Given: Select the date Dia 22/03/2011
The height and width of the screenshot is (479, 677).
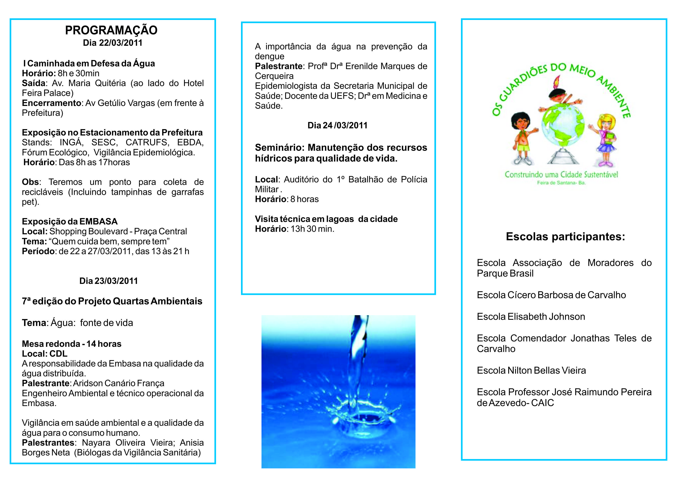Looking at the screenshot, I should click(113, 43).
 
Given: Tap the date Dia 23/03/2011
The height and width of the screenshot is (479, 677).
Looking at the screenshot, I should click(108, 281).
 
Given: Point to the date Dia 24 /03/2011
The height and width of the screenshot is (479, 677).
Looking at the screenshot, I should click(337, 126).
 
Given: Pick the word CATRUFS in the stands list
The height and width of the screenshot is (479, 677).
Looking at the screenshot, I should click(146, 142).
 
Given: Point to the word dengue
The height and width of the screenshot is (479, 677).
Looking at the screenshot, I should click(269, 57).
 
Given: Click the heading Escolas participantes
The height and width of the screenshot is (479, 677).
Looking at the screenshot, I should click(565, 237).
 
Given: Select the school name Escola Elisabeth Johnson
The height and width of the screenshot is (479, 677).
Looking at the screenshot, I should click(531, 317).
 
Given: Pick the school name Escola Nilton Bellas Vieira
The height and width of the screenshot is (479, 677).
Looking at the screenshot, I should click(531, 371).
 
